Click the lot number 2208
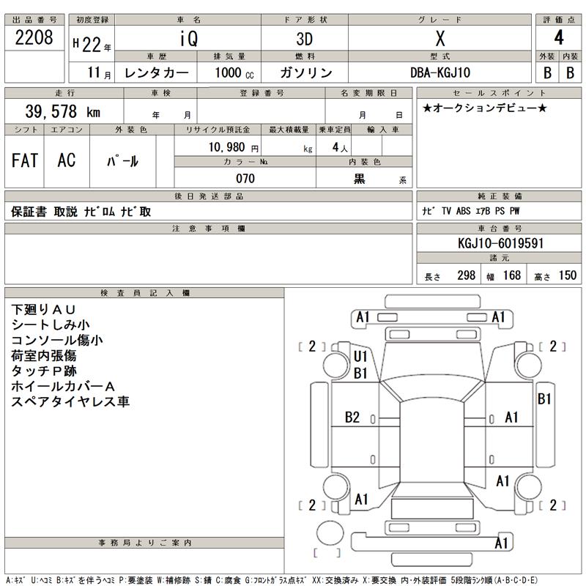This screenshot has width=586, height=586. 34,39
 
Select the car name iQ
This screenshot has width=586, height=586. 189,39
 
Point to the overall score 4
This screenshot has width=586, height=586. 559,39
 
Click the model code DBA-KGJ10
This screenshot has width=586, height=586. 440,73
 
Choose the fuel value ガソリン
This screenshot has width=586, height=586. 305,73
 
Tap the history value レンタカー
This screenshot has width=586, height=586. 157,73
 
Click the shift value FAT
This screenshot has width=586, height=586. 25,160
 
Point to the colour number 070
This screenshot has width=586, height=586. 245,179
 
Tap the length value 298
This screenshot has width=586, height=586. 467,275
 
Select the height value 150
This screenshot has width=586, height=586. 567,275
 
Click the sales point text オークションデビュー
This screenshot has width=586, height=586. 484,108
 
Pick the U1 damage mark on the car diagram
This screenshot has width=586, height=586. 360,357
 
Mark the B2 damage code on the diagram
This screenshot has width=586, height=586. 352,418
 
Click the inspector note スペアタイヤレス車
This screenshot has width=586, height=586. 70,402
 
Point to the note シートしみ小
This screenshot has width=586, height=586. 51,324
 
